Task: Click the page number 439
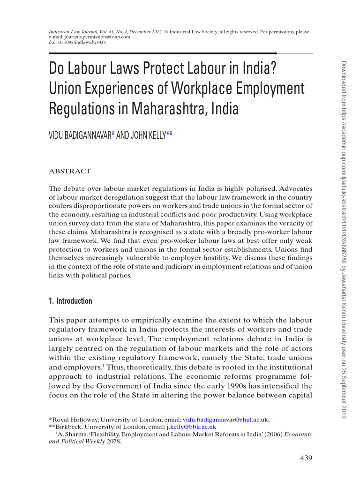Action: click(x=306, y=457)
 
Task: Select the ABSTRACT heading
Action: click(x=70, y=171)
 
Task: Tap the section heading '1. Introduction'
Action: click(x=70, y=301)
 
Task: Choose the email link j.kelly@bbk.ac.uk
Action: click(x=191, y=427)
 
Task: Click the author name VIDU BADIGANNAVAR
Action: click(x=80, y=135)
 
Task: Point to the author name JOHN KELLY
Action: click(x=148, y=135)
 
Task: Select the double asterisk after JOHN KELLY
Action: click(x=169, y=135)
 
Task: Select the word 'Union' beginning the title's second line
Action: click(x=65, y=88)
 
